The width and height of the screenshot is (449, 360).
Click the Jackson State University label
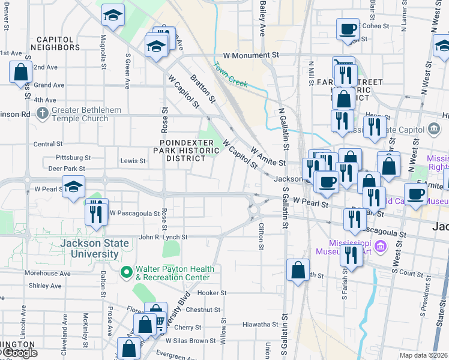tap(94, 248)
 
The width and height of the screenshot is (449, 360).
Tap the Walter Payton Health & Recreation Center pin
tap(126, 273)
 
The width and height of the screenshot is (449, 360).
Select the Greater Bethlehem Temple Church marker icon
tap(42, 113)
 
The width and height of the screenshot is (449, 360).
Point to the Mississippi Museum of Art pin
tap(379, 246)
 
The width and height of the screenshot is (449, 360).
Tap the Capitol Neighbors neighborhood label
tap(55, 43)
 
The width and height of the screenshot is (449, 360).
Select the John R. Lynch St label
tap(163, 237)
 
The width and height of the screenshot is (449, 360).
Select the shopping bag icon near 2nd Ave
tap(20, 72)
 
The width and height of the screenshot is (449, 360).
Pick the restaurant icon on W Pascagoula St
tap(96, 213)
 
